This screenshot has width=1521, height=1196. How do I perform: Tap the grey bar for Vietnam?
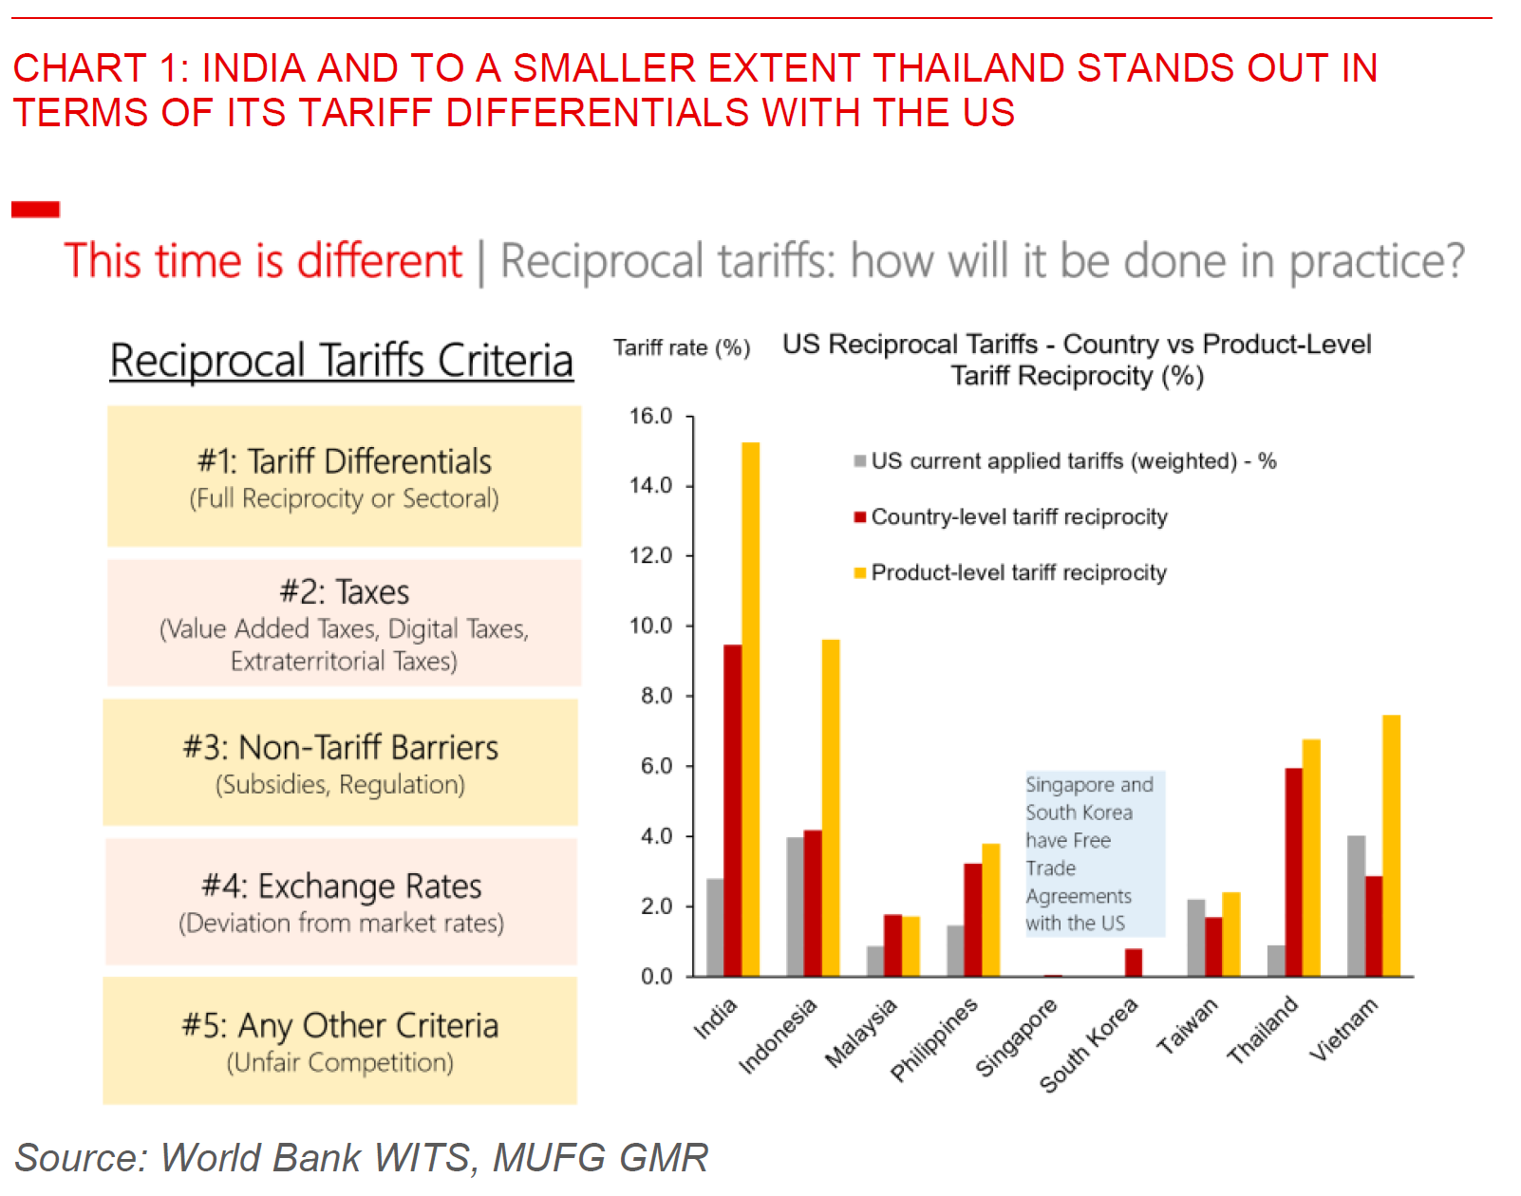(1356, 906)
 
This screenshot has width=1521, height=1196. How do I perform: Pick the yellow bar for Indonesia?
(831, 808)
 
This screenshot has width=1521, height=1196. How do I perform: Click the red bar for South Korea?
(1133, 962)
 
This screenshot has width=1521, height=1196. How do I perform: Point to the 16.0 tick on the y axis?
(650, 416)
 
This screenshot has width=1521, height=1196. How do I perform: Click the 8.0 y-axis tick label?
(655, 696)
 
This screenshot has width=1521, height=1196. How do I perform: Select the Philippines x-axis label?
(934, 1039)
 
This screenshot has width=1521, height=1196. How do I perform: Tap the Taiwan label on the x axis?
(1186, 1027)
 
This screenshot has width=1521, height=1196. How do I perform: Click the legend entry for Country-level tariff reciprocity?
(1019, 516)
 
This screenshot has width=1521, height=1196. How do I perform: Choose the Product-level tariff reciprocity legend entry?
(1018, 572)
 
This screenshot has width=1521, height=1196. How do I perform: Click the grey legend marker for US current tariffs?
(859, 461)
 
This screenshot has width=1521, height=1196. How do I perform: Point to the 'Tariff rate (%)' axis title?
(681, 347)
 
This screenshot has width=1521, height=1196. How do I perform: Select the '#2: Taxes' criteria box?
(344, 623)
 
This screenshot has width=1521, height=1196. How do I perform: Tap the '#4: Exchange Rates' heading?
(341, 886)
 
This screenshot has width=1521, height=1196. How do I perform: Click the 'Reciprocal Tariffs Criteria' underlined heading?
(341, 361)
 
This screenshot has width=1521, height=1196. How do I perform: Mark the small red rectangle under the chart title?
(35, 209)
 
